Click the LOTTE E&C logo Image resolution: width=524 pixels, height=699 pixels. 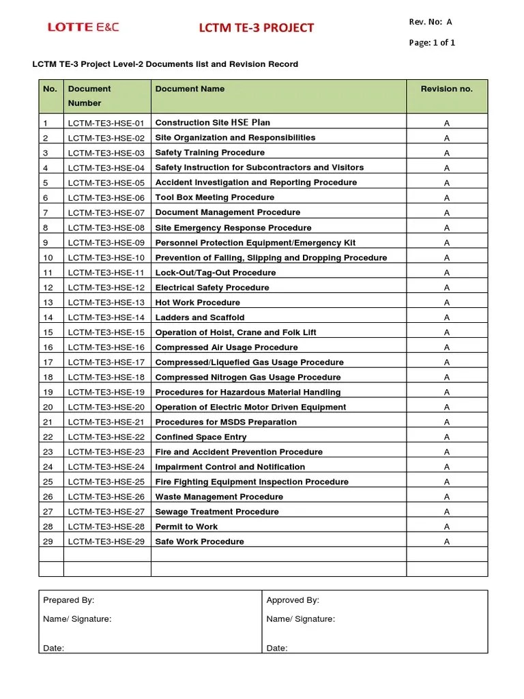click(x=83, y=27)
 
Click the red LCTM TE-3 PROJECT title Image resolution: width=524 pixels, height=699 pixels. click(x=256, y=27)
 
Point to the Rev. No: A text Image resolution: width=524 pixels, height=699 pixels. click(x=430, y=22)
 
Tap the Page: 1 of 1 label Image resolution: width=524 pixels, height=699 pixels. click(x=432, y=42)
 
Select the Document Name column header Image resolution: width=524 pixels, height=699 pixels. click(x=190, y=89)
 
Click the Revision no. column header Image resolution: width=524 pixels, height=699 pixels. click(x=446, y=89)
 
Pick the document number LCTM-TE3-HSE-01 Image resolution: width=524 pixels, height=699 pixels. click(x=106, y=124)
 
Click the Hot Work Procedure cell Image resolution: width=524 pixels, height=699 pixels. click(x=198, y=302)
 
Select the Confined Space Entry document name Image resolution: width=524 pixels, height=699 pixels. click(x=201, y=437)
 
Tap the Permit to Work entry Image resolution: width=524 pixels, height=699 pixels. click(x=186, y=527)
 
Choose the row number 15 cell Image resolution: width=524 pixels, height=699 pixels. click(x=48, y=332)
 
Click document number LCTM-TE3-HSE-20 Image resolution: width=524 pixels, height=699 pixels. click(x=106, y=408)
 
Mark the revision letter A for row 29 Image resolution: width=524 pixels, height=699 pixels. click(x=447, y=542)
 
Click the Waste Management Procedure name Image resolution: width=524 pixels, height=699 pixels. click(x=219, y=497)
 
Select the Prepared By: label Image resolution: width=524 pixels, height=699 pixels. click(x=69, y=600)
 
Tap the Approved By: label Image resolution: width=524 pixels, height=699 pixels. click(x=293, y=600)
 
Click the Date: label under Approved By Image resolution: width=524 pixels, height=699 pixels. click(x=277, y=648)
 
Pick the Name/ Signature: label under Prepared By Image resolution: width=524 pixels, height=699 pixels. click(x=77, y=619)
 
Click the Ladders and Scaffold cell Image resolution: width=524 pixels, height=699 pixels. click(x=200, y=317)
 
